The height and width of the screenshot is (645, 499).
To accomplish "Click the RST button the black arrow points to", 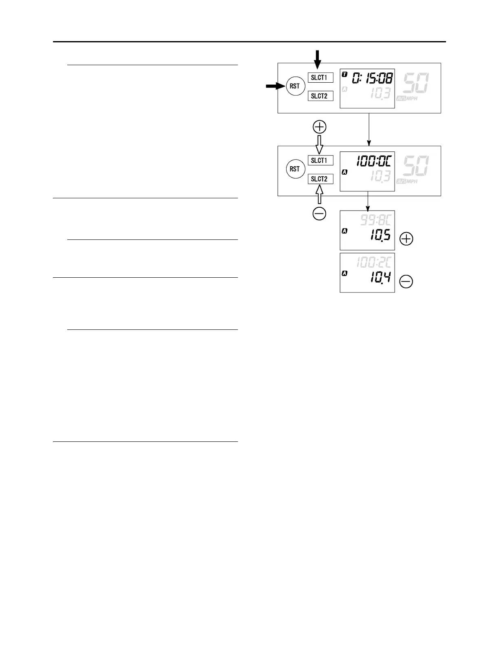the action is (295, 86).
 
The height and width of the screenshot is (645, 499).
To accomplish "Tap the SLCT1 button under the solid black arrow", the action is (320, 77).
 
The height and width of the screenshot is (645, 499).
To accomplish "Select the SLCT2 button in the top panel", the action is (320, 96).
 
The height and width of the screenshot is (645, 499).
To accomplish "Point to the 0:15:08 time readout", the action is (373, 77).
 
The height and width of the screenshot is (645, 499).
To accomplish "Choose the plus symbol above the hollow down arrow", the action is (319, 127).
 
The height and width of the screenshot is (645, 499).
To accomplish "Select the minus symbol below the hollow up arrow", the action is (319, 213).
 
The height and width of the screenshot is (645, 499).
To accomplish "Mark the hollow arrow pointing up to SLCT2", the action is (319, 194).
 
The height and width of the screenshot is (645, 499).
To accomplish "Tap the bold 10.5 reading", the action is (380, 235).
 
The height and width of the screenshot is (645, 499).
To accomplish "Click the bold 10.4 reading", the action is (380, 278).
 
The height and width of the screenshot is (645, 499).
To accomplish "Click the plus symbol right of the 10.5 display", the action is (406, 239).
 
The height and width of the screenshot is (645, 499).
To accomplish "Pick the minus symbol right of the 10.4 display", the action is (406, 282).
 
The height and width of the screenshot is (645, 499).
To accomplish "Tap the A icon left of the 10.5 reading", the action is (344, 231).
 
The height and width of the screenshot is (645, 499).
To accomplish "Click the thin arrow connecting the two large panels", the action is (369, 129).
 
